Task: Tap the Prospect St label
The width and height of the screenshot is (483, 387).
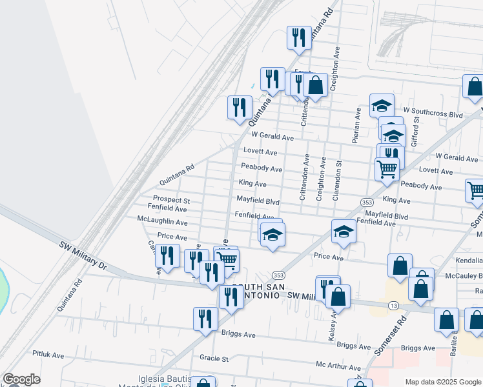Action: tap(171, 200)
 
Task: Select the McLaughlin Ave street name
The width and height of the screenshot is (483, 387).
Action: tap(162, 222)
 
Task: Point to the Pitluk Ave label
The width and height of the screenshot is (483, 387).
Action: tap(48, 355)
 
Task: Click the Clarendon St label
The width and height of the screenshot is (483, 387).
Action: tap(336, 181)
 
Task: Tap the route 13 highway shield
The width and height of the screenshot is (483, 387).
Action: tap(393, 304)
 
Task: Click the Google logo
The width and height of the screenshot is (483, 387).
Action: tap(21, 379)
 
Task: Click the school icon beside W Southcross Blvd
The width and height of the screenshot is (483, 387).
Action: tap(382, 105)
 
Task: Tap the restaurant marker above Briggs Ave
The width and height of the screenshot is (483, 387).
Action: tap(205, 319)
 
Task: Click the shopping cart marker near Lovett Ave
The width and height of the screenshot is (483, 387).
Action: tap(387, 169)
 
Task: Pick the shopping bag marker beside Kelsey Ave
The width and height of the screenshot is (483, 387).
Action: tap(338, 297)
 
